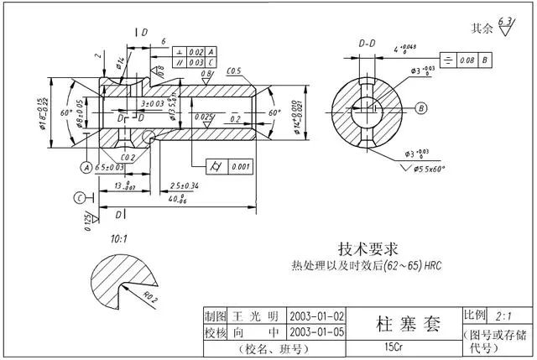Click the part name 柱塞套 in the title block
coord(392,325)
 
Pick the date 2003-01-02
coord(316,316)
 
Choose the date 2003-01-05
coord(316,331)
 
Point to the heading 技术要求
coord(368,249)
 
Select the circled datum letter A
coord(86,167)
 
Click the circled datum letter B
coord(421,107)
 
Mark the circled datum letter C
coord(78,197)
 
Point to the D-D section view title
coord(367,41)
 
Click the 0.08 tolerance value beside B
coord(467,60)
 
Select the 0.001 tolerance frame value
coord(242,166)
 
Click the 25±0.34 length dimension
coord(185,185)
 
